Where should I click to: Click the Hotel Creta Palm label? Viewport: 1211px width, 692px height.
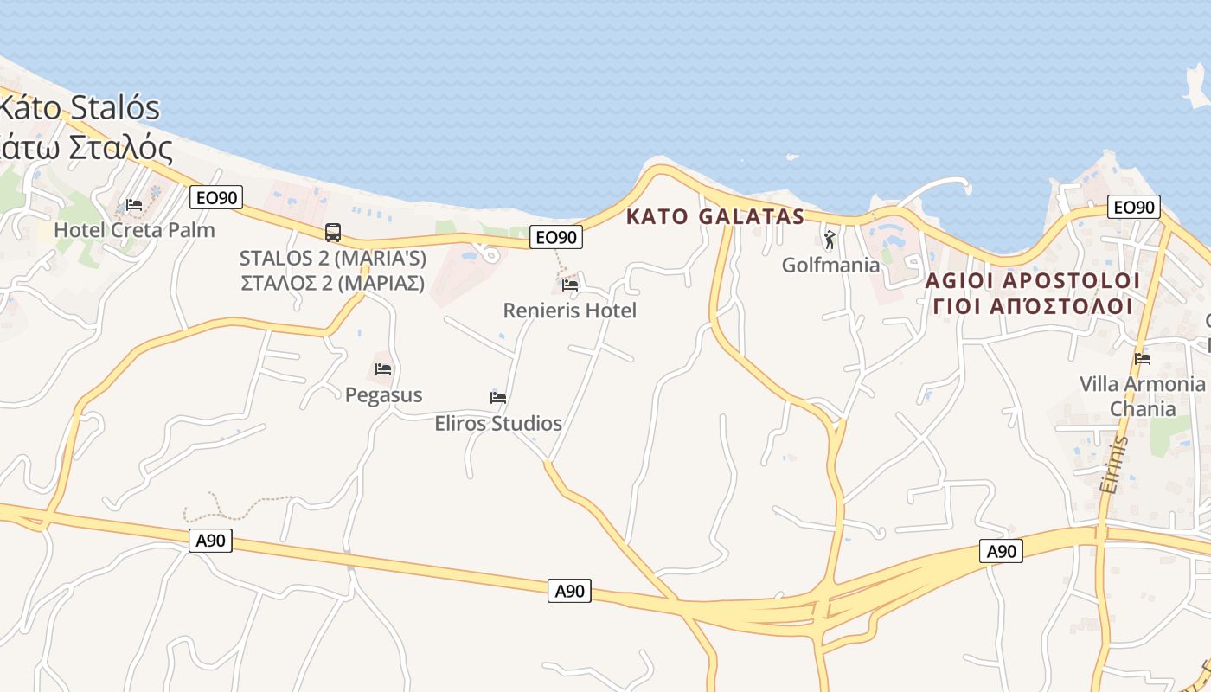point(134,230)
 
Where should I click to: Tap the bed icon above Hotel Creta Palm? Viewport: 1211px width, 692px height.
point(134,205)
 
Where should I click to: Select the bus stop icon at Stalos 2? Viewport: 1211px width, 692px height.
point(333,232)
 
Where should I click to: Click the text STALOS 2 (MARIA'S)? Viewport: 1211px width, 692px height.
point(332,258)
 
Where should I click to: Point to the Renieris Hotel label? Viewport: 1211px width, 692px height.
point(569,311)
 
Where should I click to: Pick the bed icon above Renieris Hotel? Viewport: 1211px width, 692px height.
point(570,285)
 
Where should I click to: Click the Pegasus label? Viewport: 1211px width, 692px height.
point(383,395)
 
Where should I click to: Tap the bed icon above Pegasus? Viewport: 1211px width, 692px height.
point(383,369)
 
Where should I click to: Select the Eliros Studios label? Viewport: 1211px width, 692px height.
point(498,424)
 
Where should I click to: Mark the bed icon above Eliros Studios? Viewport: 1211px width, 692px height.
point(498,398)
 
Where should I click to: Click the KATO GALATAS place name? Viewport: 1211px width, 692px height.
point(715,217)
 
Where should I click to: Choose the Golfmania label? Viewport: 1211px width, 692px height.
point(830,265)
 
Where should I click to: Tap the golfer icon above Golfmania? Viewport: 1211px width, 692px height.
point(830,240)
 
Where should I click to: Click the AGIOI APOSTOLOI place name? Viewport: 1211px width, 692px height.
point(1033,281)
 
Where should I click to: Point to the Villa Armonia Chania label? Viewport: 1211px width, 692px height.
point(1142,396)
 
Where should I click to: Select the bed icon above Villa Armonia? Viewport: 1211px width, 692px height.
point(1143,358)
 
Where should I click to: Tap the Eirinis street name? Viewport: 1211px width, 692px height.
point(1114,465)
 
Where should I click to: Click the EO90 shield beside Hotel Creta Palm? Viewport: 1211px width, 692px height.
point(216,198)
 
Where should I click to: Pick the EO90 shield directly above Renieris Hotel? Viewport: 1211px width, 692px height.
point(556,237)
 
